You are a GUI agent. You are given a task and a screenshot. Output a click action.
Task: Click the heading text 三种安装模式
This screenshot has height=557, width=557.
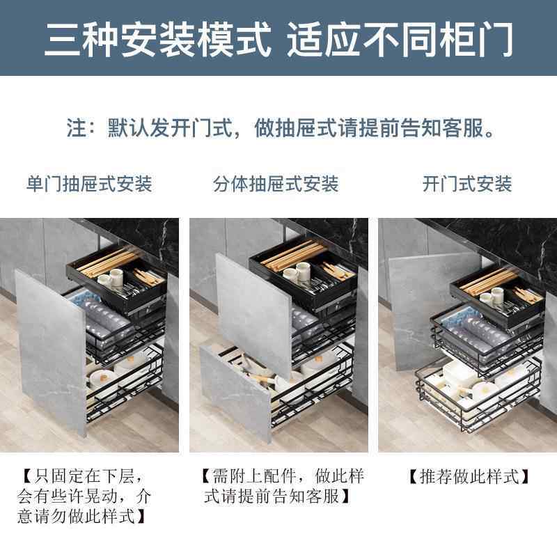[x=157, y=40]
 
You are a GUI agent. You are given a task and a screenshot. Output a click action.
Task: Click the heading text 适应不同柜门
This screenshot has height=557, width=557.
[x=400, y=40]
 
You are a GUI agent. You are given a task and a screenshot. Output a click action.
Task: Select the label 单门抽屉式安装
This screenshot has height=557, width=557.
[x=89, y=184]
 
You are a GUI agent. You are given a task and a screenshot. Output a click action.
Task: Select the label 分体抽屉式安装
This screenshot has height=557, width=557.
[x=276, y=184]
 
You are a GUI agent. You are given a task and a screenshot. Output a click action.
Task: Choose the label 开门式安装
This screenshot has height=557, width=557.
[x=467, y=184]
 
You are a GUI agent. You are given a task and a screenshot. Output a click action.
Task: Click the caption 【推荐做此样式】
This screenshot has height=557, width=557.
[x=466, y=477]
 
